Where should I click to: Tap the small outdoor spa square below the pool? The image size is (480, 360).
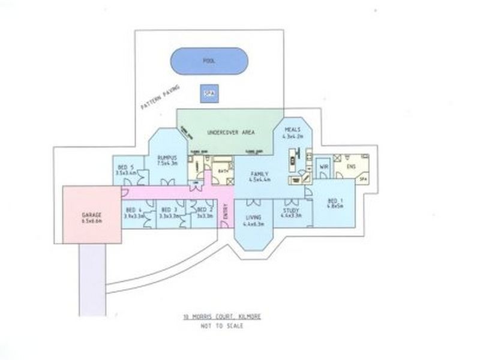[x=209, y=94]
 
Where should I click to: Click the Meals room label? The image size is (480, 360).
[x=292, y=133]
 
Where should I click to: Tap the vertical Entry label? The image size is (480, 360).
[x=226, y=213]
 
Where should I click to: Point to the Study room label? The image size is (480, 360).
[x=291, y=213]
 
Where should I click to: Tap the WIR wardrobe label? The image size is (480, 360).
[x=323, y=166]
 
